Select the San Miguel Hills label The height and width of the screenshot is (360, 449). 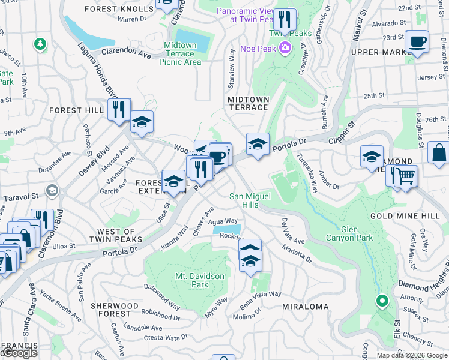click(x=252, y=200)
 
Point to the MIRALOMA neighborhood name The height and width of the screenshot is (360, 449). click(x=305, y=307)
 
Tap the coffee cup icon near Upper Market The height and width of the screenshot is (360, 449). click(x=417, y=42)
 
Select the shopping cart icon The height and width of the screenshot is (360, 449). click(x=406, y=176)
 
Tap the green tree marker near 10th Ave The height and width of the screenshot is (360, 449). click(x=40, y=44)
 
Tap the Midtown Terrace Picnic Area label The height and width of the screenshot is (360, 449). click(x=180, y=53)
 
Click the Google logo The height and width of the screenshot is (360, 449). click(x=19, y=353)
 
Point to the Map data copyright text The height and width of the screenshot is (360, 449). click(x=411, y=355)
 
